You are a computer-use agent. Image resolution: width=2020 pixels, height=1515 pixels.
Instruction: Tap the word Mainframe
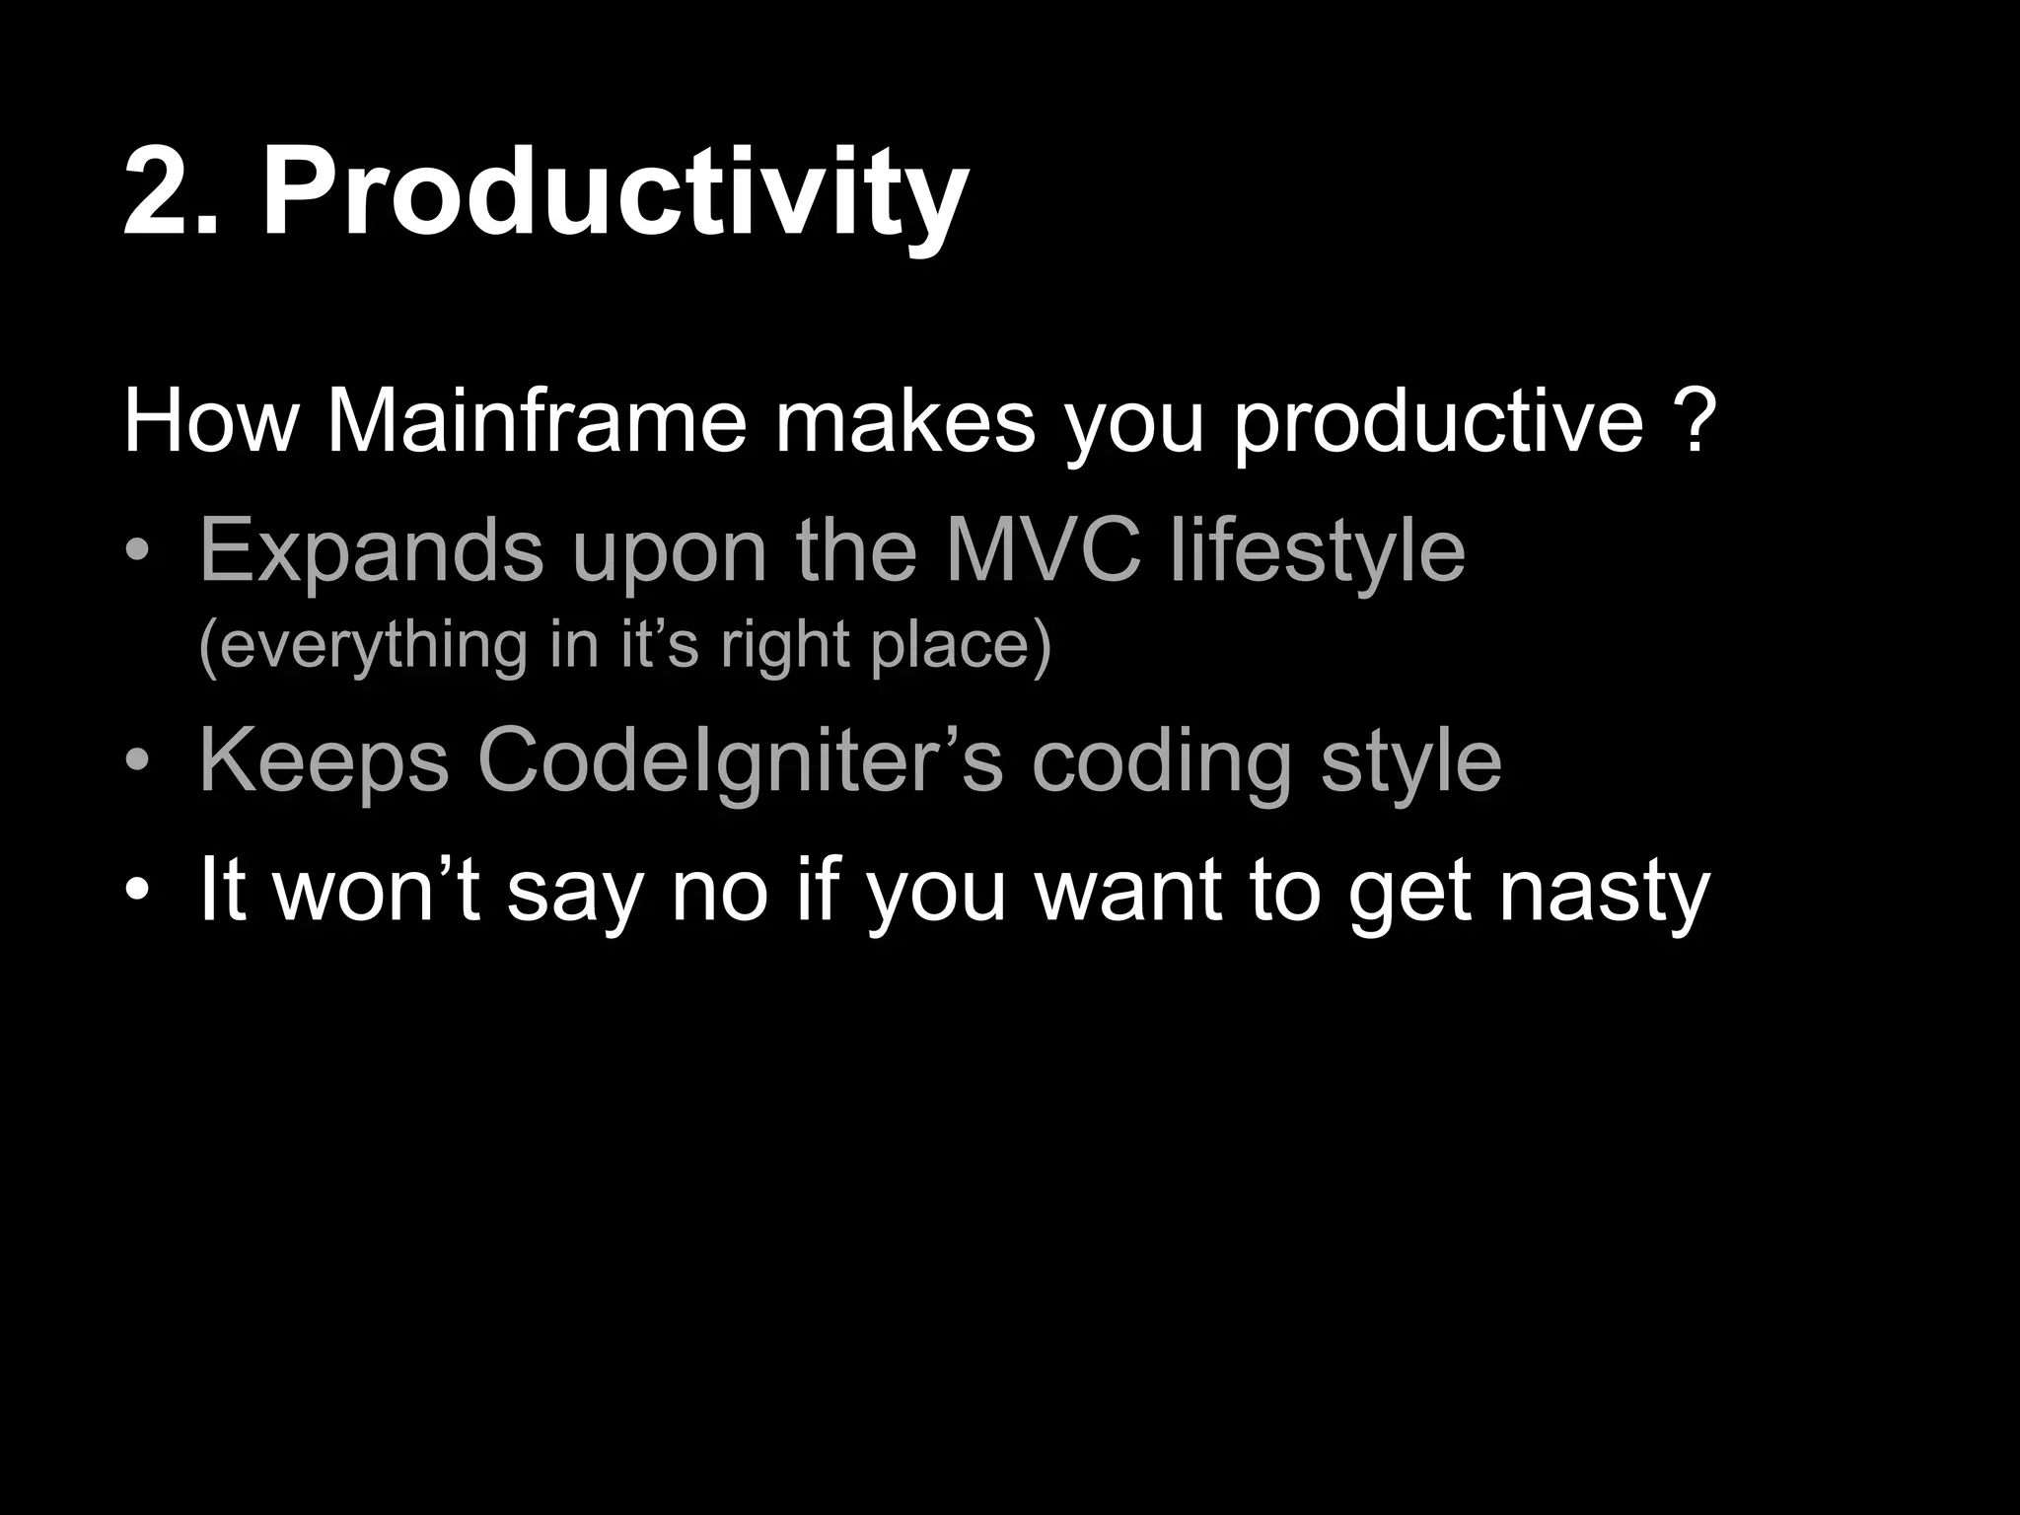click(x=537, y=422)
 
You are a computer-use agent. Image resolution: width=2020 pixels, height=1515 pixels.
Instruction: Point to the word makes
click(x=904, y=422)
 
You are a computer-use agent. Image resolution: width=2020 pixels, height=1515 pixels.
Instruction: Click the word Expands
click(x=371, y=552)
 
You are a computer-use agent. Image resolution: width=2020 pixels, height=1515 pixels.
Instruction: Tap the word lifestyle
click(x=1317, y=552)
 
